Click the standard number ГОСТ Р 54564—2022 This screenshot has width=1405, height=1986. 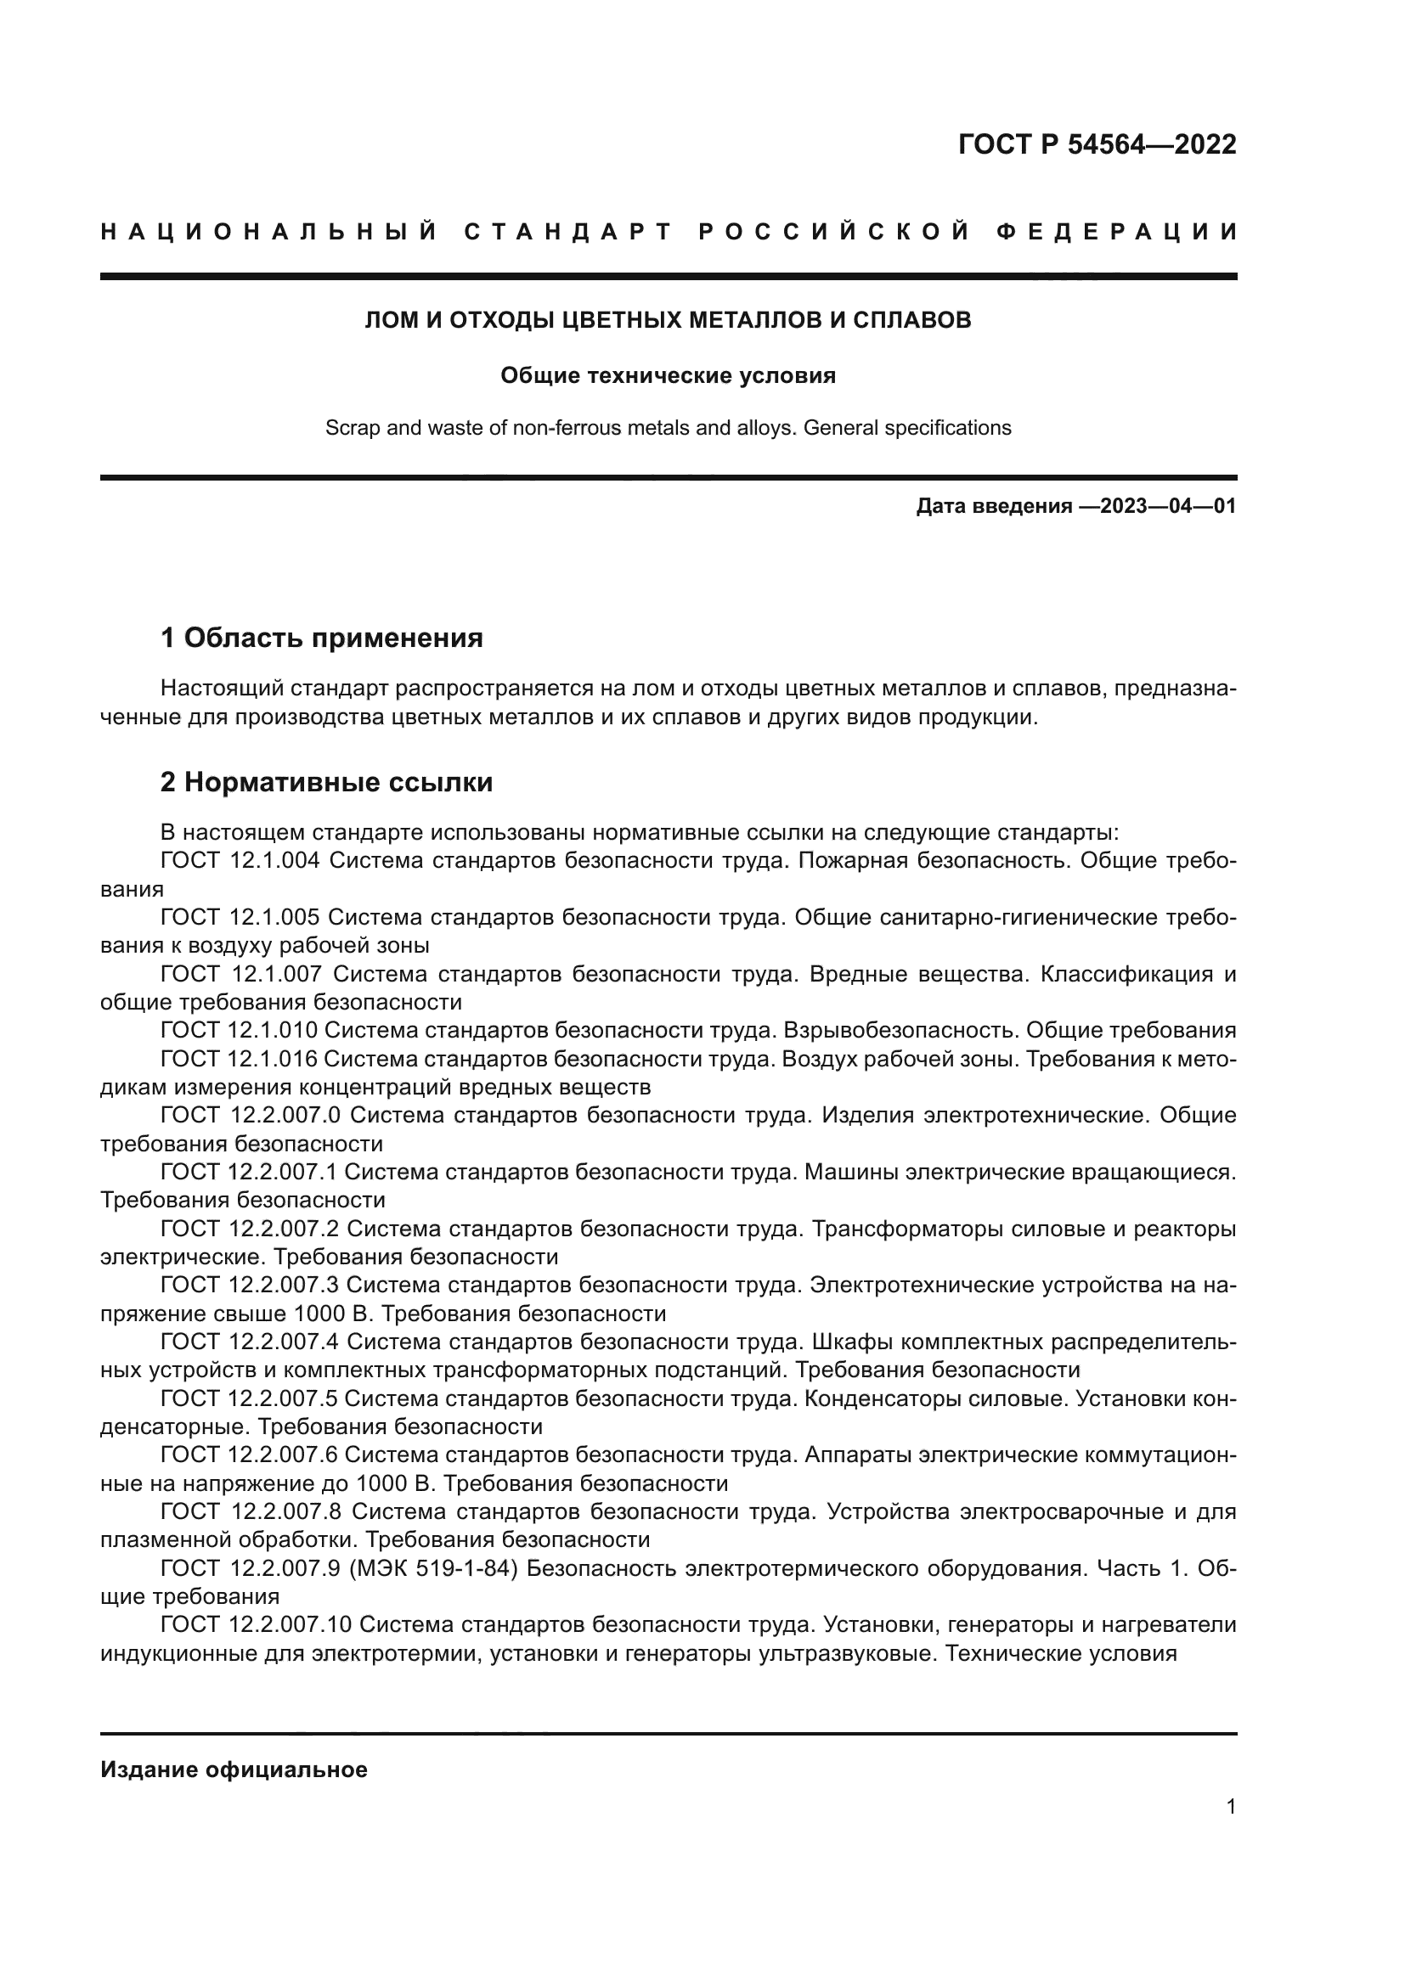pyautogui.click(x=1097, y=144)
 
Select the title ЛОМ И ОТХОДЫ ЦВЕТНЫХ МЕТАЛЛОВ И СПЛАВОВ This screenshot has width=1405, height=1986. pyautogui.click(x=668, y=320)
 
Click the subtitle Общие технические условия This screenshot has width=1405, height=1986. pyautogui.click(x=668, y=375)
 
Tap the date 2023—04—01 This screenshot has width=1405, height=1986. pyautogui.click(x=1168, y=506)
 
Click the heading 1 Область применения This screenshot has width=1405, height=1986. pyautogui.click(x=322, y=639)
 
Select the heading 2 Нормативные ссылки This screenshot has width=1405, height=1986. pyautogui.click(x=326, y=782)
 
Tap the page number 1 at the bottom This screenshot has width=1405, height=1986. pyautogui.click(x=1231, y=1806)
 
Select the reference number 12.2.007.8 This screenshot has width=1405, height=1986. pyautogui.click(x=286, y=1511)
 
